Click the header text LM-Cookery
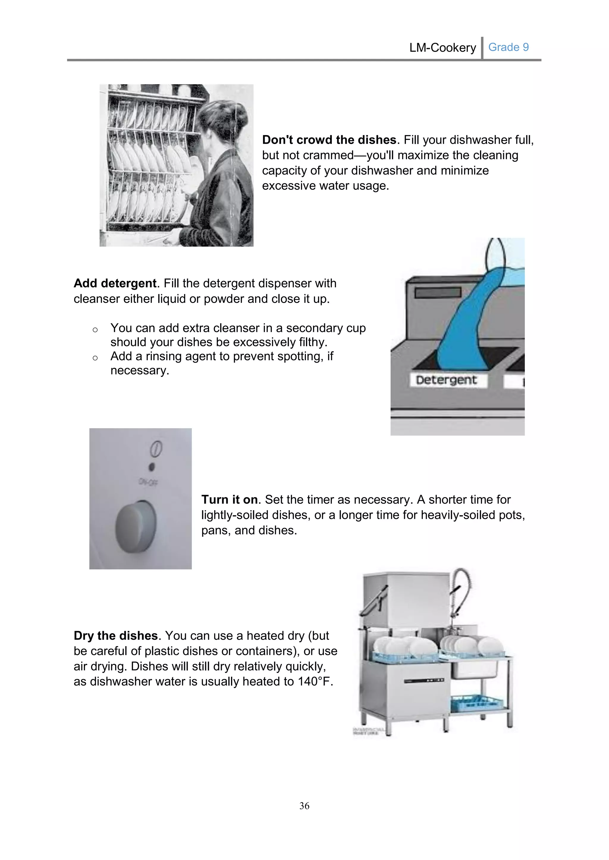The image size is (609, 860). [x=442, y=48]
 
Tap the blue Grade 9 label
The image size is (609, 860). [x=508, y=47]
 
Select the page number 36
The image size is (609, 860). [x=304, y=805]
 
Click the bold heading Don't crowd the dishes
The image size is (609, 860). [x=329, y=140]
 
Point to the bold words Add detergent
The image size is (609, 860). [x=115, y=283]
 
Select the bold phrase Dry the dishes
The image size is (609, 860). [x=115, y=635]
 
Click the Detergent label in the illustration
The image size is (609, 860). [x=446, y=380]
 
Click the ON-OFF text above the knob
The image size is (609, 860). [x=148, y=482]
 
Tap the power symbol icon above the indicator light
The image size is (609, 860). [x=156, y=449]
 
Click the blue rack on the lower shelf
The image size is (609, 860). [x=476, y=703]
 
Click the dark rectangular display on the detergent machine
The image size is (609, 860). [x=438, y=293]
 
